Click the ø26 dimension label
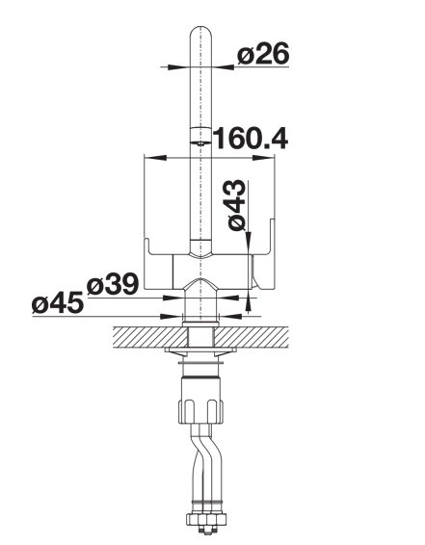coord(263,53)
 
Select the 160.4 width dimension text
coord(250,139)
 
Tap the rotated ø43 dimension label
coord(237,205)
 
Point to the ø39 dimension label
coord(113,285)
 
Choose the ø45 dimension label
coord(58,302)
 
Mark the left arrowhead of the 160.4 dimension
coord(155,158)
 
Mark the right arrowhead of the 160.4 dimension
coord(263,158)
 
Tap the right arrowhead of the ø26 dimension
coord(223,66)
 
